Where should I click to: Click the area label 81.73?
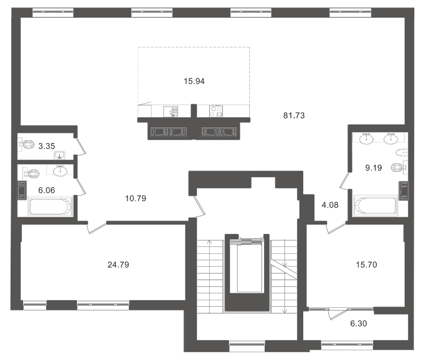pyautogui.click(x=294, y=115)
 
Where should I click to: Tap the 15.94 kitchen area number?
pyautogui.click(x=194, y=82)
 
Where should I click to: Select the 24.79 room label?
pyautogui.click(x=118, y=264)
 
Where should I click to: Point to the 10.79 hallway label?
pyautogui.click(x=135, y=198)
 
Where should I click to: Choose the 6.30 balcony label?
pyautogui.click(x=358, y=323)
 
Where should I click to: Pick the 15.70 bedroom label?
pyautogui.click(x=367, y=264)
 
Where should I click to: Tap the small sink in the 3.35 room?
pyautogui.click(x=59, y=155)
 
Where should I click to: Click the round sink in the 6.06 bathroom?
pyautogui.click(x=60, y=171)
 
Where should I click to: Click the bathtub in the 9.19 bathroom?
pyautogui.click(x=376, y=205)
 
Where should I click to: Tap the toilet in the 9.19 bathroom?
pyautogui.click(x=398, y=167)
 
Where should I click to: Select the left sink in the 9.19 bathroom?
pyautogui.click(x=367, y=139)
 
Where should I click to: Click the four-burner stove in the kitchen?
pyautogui.click(x=217, y=111)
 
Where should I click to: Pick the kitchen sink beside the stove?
pyautogui.click(x=172, y=111)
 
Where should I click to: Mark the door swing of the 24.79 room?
pyautogui.click(x=96, y=228)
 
